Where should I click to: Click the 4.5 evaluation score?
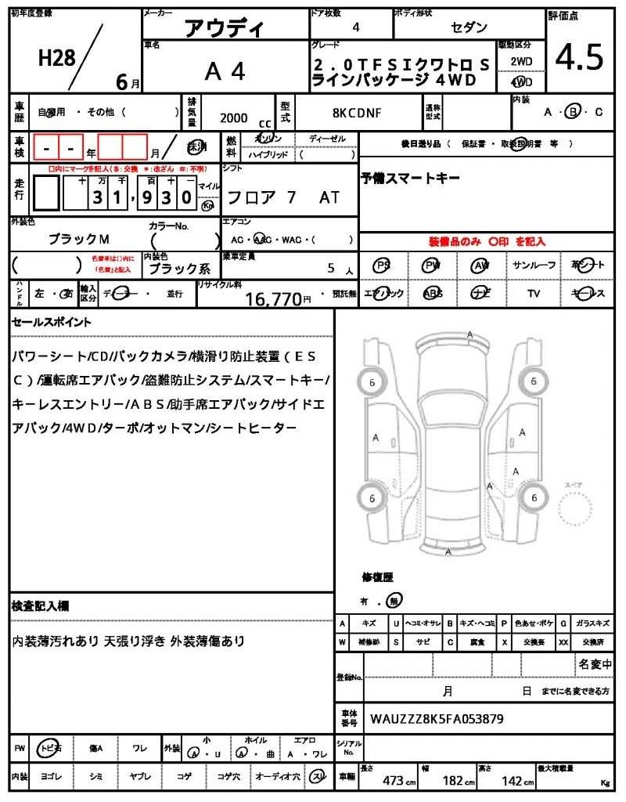(x=580, y=56)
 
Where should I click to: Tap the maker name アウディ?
(x=224, y=29)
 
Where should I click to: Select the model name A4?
(x=225, y=72)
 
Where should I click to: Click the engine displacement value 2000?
(x=233, y=118)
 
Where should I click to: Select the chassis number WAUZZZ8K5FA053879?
(x=437, y=718)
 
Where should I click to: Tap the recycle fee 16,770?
(x=273, y=298)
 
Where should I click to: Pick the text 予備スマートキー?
(x=410, y=179)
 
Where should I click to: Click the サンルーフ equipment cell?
(x=534, y=266)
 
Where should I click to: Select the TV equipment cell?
(x=534, y=294)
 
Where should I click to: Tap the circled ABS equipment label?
(x=432, y=294)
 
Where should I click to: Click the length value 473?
(x=393, y=781)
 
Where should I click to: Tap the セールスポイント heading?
(x=52, y=322)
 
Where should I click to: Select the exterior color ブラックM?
(x=79, y=238)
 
